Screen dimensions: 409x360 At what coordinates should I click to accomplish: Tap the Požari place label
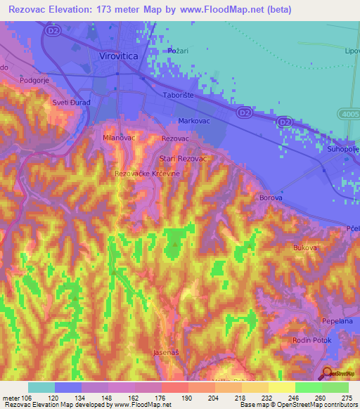(180, 51)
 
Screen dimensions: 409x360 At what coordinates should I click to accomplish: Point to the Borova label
(271, 198)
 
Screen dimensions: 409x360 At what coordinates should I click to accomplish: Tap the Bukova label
(305, 248)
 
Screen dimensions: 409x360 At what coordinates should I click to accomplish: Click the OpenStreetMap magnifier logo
(328, 372)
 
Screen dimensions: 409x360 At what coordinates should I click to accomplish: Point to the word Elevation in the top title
(77, 9)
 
